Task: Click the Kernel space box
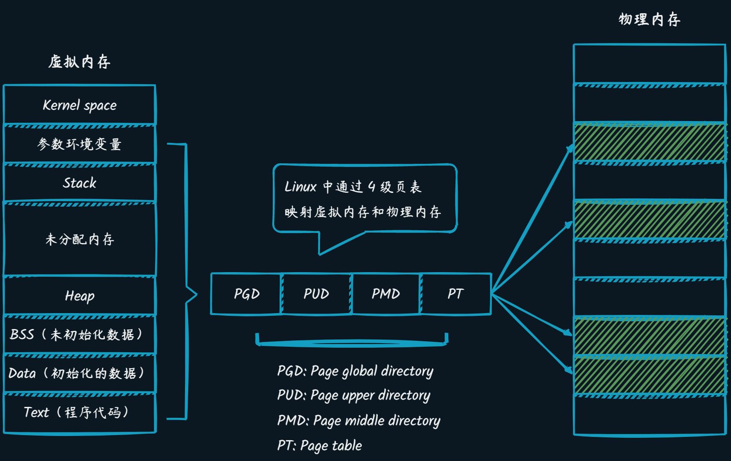pos(80,105)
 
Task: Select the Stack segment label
pos(80,183)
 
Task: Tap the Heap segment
pos(80,296)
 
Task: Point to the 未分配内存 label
pos(80,239)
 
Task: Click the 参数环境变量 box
pos(80,144)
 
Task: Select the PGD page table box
pos(246,294)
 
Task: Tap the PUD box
pos(316,294)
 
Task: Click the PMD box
pos(386,294)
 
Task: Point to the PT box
pos(456,294)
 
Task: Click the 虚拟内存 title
pos(80,61)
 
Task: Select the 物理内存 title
pos(649,20)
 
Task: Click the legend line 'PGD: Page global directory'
pos(355,371)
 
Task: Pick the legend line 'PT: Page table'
pos(320,446)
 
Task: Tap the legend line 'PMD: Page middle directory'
pos(359,420)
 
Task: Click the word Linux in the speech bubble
pos(300,187)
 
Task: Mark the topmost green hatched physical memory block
pos(649,142)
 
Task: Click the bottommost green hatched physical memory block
pos(649,375)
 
